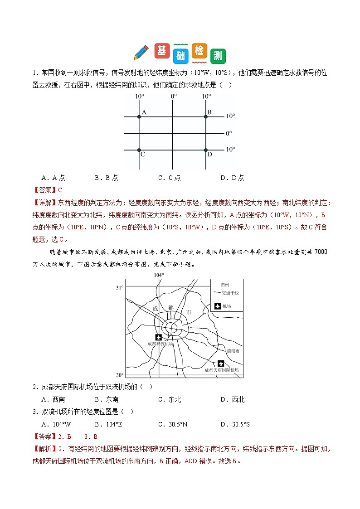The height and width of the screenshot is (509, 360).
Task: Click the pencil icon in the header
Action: click(x=141, y=53)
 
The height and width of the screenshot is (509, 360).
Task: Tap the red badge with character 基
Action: click(x=161, y=51)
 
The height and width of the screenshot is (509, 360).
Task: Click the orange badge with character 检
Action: click(x=199, y=51)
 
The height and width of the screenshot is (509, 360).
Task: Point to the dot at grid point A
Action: click(x=139, y=117)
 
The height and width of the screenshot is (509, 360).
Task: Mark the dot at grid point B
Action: click(x=206, y=117)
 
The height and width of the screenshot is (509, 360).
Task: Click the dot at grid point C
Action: click(x=139, y=150)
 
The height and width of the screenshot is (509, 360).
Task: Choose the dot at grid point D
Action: click(x=206, y=150)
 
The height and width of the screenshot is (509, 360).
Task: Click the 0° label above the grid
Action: click(x=174, y=97)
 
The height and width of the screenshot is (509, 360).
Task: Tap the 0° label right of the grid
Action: click(x=229, y=134)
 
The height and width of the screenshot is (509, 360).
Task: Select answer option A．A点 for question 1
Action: click(x=53, y=178)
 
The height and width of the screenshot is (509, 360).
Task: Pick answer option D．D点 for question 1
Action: click(x=232, y=178)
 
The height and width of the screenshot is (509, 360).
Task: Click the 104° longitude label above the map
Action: click(x=158, y=275)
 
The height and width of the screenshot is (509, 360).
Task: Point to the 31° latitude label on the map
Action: click(x=120, y=288)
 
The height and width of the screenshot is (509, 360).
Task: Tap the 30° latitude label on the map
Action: click(x=120, y=375)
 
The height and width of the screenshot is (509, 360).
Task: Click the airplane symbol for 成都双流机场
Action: click(x=158, y=337)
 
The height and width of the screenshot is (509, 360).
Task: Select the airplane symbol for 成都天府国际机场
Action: click(x=221, y=363)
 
